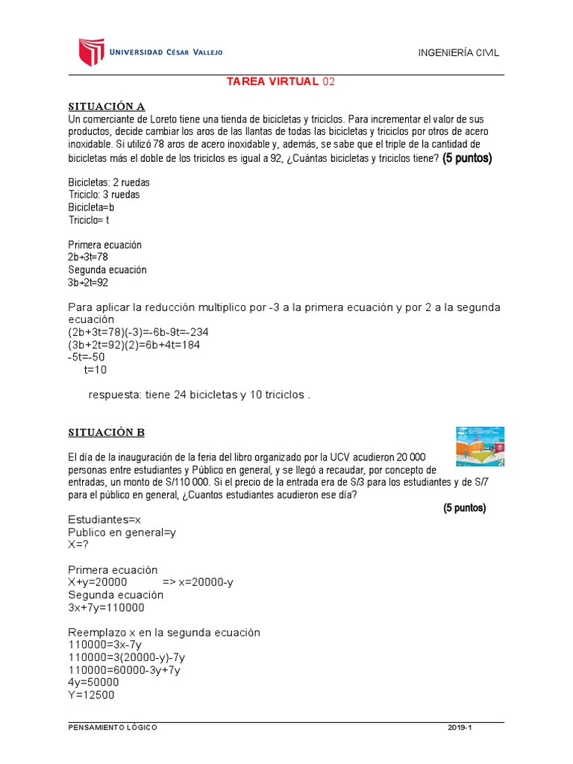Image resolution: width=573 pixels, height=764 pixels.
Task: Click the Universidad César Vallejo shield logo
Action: (90, 51)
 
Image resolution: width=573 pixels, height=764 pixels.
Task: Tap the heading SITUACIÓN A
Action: (101, 106)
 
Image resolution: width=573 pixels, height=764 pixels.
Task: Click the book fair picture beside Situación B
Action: (480, 447)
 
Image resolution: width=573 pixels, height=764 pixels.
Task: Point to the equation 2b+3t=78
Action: (88, 257)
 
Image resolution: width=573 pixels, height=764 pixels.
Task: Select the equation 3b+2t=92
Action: (88, 283)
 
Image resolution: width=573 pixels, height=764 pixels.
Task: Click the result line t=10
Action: (95, 370)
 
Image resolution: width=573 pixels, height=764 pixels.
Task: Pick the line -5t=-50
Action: (87, 358)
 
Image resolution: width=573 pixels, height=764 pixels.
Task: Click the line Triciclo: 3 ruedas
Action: (104, 195)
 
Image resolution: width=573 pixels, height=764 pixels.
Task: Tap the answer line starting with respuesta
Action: (198, 395)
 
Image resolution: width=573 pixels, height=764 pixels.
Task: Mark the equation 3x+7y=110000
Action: (106, 607)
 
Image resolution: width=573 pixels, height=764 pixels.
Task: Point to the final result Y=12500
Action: (91, 695)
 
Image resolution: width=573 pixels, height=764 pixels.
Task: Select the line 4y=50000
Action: (93, 682)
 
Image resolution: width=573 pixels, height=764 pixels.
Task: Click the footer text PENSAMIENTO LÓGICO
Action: (112, 727)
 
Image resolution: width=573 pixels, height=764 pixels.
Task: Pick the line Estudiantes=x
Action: (109, 521)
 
